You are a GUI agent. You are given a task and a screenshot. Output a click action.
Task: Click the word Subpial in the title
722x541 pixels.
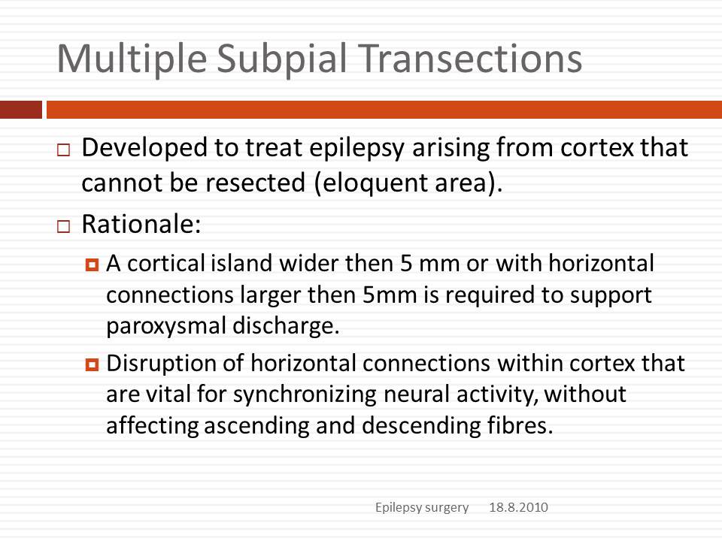tap(281, 59)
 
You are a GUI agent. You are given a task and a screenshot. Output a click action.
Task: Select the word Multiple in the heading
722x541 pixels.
tap(132, 59)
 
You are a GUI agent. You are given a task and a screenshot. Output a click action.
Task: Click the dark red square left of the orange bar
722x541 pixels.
tap(21, 110)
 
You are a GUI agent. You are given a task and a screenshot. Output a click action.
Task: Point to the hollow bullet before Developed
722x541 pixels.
tap(63, 150)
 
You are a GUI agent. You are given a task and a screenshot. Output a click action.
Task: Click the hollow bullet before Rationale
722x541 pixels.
tap(63, 226)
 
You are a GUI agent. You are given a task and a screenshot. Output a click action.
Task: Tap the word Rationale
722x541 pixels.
tap(141, 225)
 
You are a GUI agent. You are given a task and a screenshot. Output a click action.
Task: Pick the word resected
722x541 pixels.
tap(255, 183)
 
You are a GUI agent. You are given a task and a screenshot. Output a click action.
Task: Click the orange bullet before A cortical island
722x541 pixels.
tap(92, 265)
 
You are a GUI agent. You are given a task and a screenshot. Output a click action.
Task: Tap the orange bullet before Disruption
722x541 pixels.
tap(92, 365)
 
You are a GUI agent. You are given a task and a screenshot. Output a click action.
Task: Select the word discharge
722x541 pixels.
tap(286, 326)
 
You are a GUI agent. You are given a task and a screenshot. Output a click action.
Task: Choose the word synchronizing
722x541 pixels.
tap(305, 395)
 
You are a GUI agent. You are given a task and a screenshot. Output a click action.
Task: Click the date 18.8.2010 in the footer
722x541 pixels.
tap(518, 507)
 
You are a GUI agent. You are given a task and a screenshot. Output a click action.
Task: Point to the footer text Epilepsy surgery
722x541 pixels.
tap(422, 508)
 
